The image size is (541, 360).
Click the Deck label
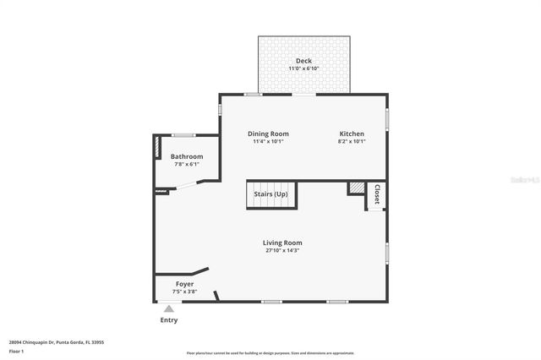point(303,60)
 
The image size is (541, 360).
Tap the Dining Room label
point(268,134)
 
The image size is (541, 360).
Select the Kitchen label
point(352,134)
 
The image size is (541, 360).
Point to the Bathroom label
point(187,156)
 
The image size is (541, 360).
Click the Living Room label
point(281,243)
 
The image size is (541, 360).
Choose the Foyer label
point(184,284)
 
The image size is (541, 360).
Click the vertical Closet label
point(377,194)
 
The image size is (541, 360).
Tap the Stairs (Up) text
point(270,195)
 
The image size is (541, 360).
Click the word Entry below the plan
point(169,320)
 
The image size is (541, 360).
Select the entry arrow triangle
point(169,309)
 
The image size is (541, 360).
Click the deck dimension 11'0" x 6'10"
point(303,68)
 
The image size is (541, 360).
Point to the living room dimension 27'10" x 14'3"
point(281,250)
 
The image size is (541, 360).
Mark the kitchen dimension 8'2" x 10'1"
point(352,142)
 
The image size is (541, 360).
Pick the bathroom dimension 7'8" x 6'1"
point(187,164)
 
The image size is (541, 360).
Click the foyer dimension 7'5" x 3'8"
point(184,292)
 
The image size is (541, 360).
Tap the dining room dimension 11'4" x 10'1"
point(268,142)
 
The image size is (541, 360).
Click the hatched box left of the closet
point(356,188)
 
